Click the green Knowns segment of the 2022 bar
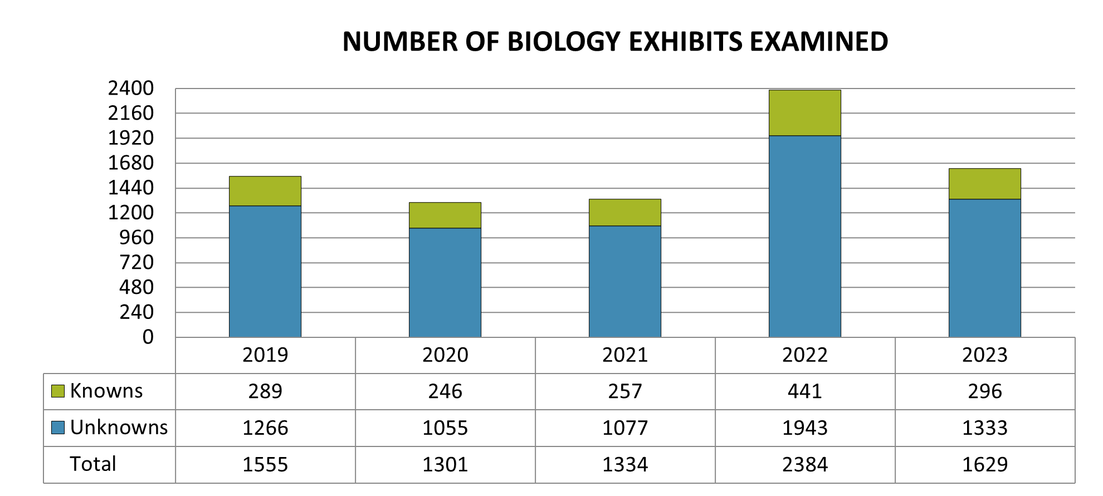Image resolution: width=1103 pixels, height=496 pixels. tap(804, 113)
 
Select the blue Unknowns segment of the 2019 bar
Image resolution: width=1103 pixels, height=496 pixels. tap(265, 272)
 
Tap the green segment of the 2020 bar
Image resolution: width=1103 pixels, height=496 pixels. tap(445, 215)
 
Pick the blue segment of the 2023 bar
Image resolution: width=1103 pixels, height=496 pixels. tap(984, 268)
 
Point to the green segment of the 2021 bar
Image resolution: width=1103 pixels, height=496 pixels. tap(625, 213)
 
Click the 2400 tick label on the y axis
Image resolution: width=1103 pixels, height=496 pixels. tap(131, 88)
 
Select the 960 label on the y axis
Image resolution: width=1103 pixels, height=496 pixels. tap(136, 238)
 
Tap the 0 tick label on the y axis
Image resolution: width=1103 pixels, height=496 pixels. tap(148, 337)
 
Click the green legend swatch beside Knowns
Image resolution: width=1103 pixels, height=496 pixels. tap(58, 391)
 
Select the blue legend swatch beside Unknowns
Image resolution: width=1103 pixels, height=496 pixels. tap(58, 428)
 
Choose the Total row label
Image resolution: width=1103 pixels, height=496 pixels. tap(93, 464)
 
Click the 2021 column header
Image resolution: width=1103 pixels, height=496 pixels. tap(625, 355)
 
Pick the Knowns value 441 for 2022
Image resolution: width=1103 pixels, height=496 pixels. tap(804, 391)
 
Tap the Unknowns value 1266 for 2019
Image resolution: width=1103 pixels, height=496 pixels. tap(265, 428)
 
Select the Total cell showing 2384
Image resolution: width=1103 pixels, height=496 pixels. tap(804, 464)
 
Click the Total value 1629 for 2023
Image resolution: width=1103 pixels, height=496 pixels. tap(984, 464)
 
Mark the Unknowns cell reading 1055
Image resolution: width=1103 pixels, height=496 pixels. tap(445, 428)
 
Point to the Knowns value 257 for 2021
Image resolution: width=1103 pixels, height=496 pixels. tap(625, 391)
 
